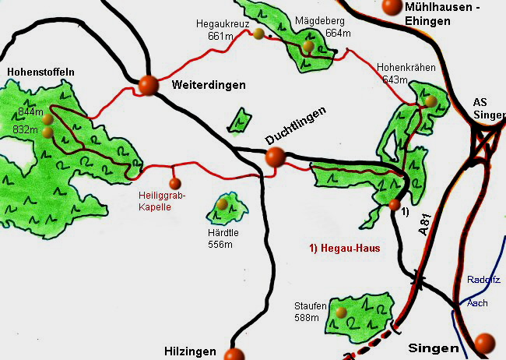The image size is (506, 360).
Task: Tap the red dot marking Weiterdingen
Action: pyautogui.click(x=148, y=85)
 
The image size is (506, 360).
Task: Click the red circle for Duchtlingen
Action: pyautogui.click(x=274, y=157)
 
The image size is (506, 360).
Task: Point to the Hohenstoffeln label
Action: pyautogui.click(x=40, y=72)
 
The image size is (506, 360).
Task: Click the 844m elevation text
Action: pyautogui.click(x=28, y=112)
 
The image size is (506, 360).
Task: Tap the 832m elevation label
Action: pyautogui.click(x=28, y=129)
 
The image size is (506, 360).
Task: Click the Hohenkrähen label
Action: pyautogui.click(x=406, y=68)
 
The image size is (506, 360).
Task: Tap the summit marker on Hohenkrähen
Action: pyautogui.click(x=431, y=101)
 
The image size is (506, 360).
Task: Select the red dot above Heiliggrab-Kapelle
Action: pyautogui.click(x=174, y=184)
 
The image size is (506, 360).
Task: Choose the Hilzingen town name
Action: pyautogui.click(x=190, y=351)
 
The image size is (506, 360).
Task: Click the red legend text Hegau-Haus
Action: pyautogui.click(x=339, y=249)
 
